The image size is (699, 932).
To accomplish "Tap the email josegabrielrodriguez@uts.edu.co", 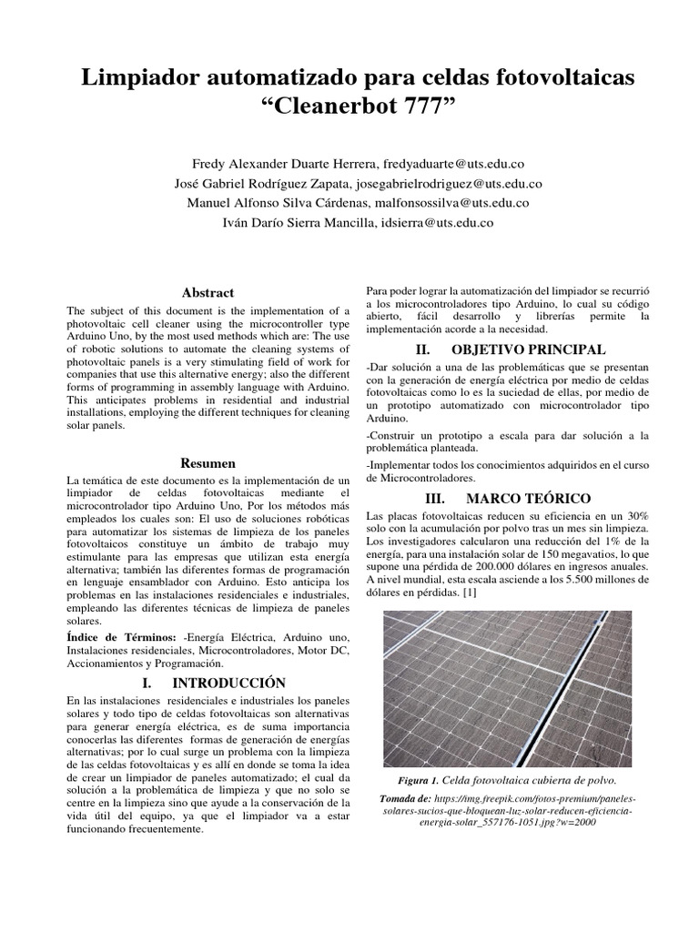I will point(448,183).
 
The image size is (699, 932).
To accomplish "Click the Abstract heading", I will point(208,293).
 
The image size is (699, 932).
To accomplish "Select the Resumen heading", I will point(208,463).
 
